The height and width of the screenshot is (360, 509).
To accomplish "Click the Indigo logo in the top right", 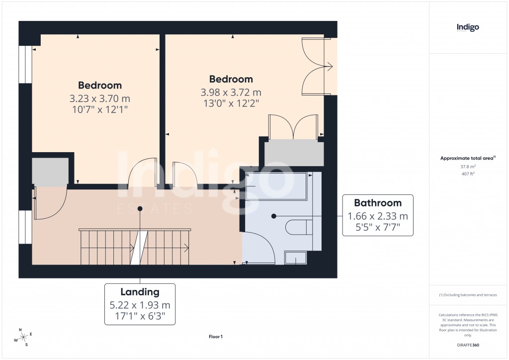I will click(467, 27).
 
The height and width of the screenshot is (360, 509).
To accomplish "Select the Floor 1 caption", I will click(216, 337).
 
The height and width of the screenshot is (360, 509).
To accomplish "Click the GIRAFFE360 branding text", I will click(468, 345).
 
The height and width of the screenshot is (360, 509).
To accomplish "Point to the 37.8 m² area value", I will click(467, 167).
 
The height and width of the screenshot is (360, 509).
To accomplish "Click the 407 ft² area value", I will click(467, 174).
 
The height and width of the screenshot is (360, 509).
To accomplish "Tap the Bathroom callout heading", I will click(377, 203).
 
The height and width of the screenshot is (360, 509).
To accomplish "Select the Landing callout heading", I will click(140, 292).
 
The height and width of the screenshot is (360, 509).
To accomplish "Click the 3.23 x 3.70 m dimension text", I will click(100, 98).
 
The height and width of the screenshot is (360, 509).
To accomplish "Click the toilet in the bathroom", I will click(296, 228).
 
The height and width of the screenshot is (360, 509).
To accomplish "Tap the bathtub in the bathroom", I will click(276, 186).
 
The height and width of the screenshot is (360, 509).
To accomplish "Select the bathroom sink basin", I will click(295, 257).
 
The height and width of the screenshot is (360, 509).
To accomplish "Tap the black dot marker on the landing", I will click(140, 209).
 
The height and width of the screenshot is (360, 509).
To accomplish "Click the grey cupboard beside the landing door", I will click(50, 172).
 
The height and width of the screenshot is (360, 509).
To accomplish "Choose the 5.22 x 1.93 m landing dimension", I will click(140, 305).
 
